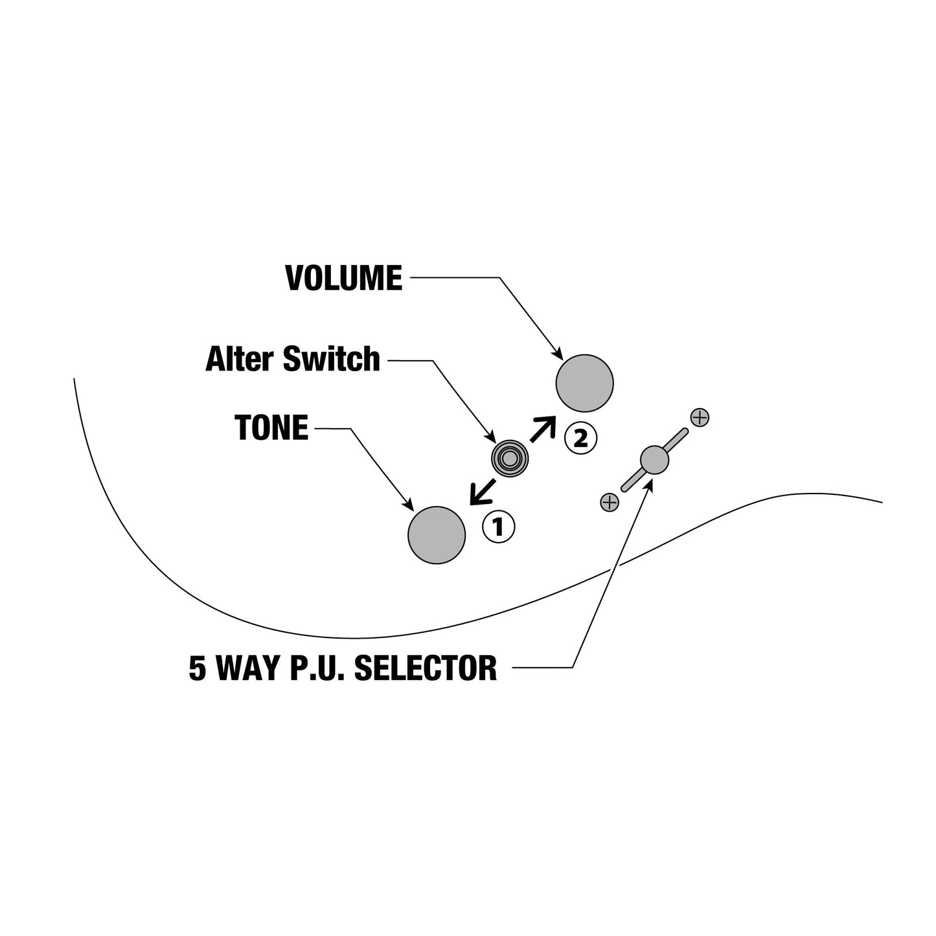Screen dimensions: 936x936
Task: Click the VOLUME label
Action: tap(344, 279)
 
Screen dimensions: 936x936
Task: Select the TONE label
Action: tap(271, 428)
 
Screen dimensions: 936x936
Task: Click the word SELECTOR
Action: tap(426, 668)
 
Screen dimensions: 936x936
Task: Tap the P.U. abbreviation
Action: tap(317, 668)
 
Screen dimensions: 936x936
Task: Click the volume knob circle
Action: tap(584, 383)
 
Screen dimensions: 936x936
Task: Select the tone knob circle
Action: tap(437, 535)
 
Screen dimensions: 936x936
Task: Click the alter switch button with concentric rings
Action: tap(510, 458)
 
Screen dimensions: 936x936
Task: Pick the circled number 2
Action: tap(581, 439)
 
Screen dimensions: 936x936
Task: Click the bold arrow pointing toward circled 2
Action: tap(543, 429)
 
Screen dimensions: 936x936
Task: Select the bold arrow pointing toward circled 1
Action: tap(483, 492)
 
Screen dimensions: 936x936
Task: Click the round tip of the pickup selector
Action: tap(654, 459)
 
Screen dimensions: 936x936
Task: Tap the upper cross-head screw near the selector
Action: tap(700, 417)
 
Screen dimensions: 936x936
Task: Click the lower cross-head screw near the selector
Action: tap(610, 502)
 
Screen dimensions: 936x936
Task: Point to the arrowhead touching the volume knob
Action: tap(558, 355)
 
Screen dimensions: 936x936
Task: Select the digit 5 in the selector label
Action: tap(198, 668)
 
